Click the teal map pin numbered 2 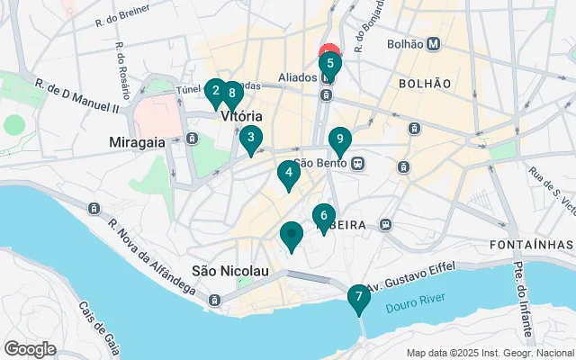(x=214, y=90)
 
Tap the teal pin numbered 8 (x=232, y=92)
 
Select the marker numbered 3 (x=251, y=139)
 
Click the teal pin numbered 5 (x=329, y=64)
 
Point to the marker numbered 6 (x=324, y=216)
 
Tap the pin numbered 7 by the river (x=358, y=296)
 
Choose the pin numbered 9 (x=339, y=139)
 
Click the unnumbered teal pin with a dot (x=291, y=235)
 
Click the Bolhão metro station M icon (x=434, y=42)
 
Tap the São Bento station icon (x=358, y=164)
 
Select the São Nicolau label (x=230, y=270)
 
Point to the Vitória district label (x=240, y=117)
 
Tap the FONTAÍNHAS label (x=531, y=245)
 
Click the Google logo (x=30, y=349)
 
